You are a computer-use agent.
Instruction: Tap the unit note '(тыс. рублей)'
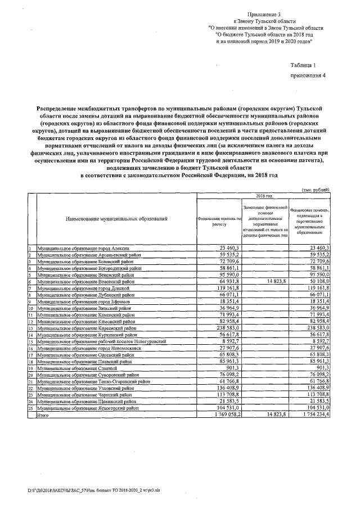tap(316, 190)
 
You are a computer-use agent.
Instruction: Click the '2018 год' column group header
tap(264, 196)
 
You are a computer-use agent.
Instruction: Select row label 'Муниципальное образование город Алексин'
tap(83, 248)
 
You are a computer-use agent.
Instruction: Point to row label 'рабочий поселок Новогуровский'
tap(101, 341)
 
